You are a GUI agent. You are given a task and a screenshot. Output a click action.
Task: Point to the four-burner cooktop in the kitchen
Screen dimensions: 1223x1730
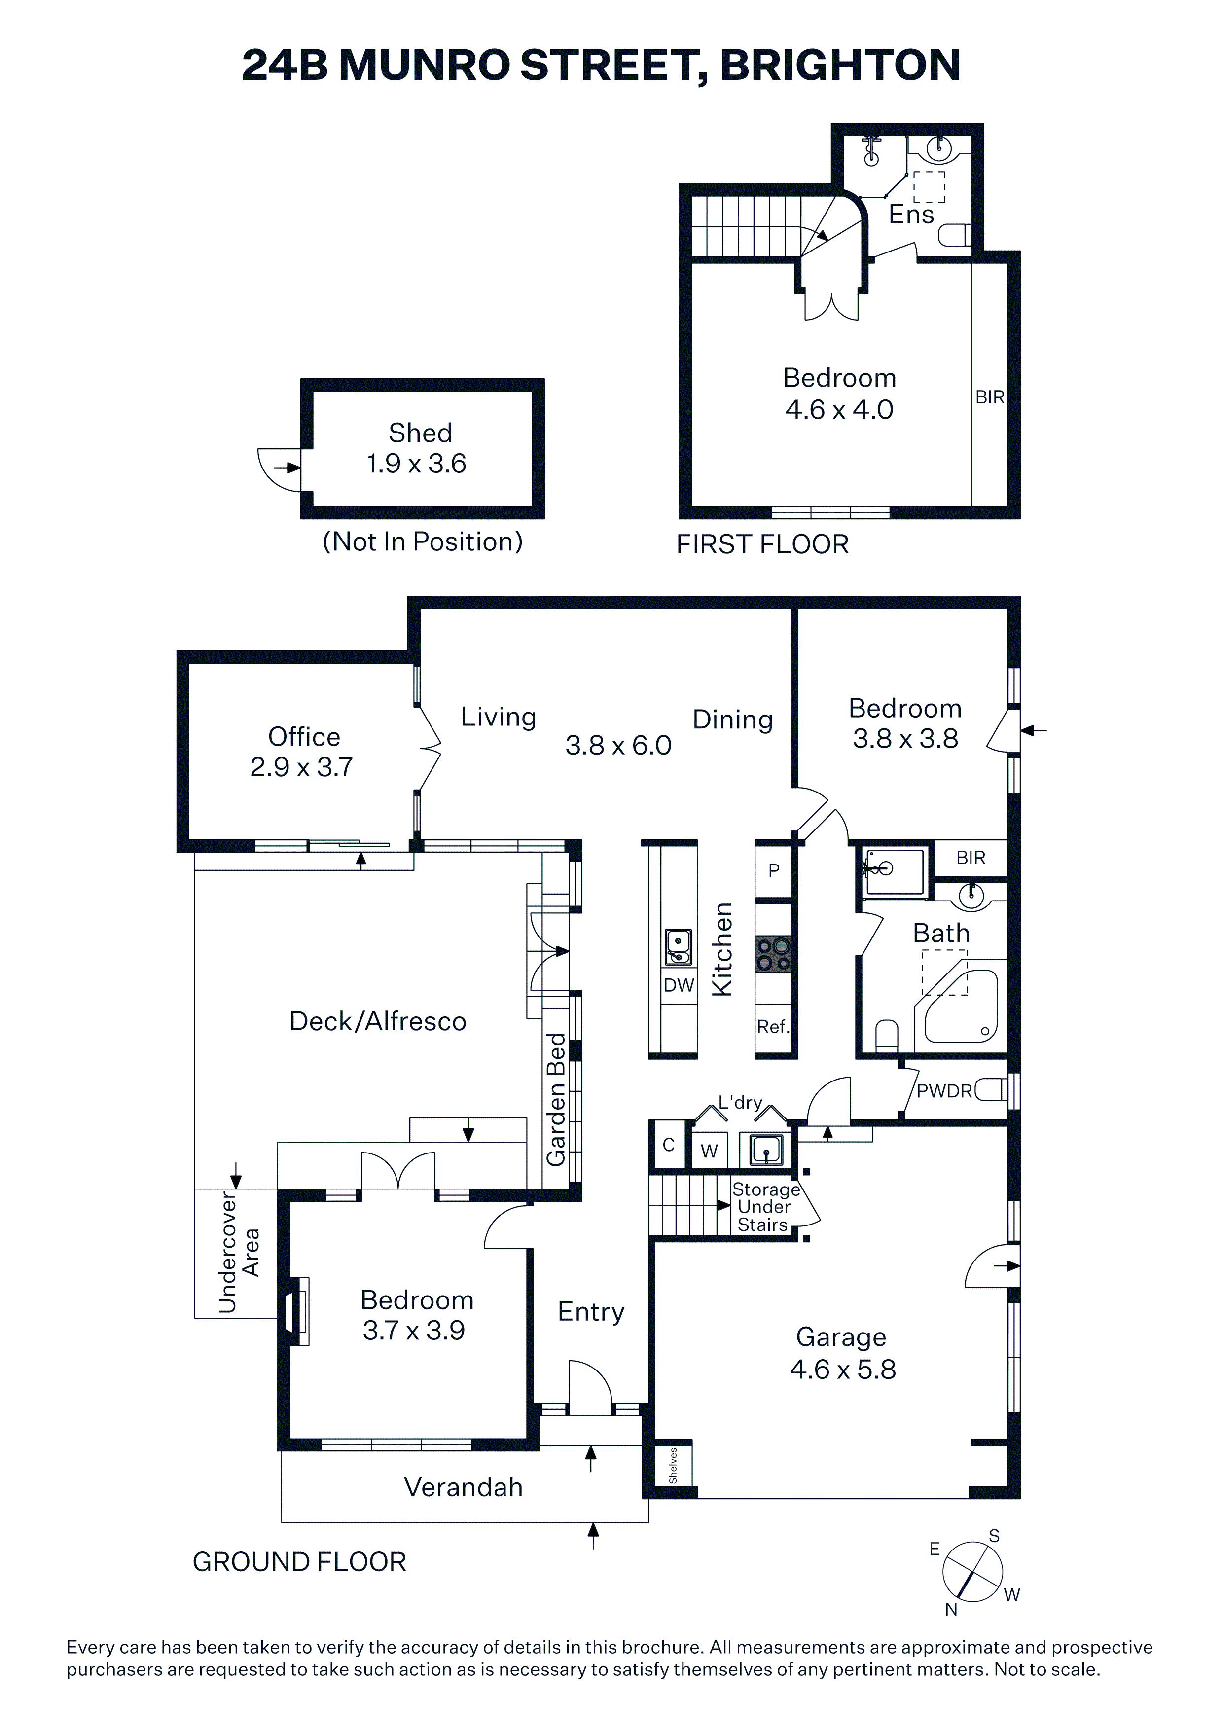[x=773, y=954]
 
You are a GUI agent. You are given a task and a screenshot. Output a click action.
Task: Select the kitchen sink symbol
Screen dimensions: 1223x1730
[x=678, y=947]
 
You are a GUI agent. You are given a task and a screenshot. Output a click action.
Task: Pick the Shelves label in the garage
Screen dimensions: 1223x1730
[x=673, y=1466]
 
